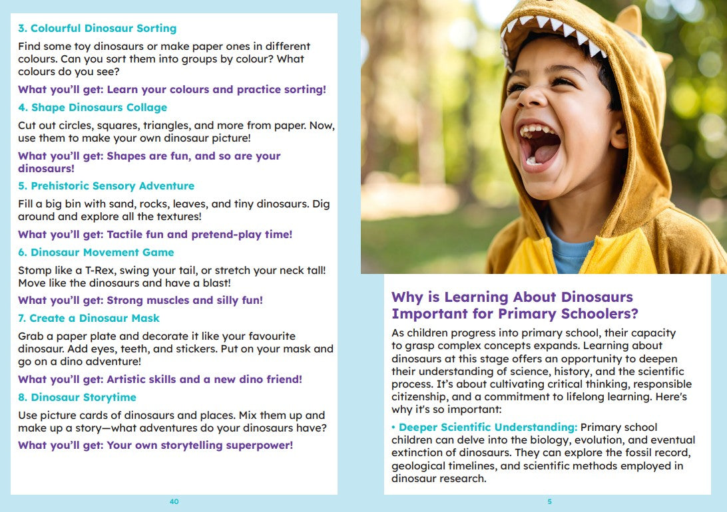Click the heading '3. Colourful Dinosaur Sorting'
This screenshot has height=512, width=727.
point(97,29)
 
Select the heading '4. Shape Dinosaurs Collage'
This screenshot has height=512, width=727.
point(93,108)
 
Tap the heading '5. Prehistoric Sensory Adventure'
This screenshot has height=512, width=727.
point(107,186)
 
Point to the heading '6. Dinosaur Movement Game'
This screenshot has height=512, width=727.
point(96,253)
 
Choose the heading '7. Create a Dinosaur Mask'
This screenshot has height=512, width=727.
point(89,319)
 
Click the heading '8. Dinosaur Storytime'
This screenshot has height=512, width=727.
point(77,398)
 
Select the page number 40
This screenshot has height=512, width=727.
point(174,501)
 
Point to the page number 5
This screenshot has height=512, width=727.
point(549,501)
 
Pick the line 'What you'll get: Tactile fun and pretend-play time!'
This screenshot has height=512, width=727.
point(155,235)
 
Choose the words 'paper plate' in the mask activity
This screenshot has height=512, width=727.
point(81,336)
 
